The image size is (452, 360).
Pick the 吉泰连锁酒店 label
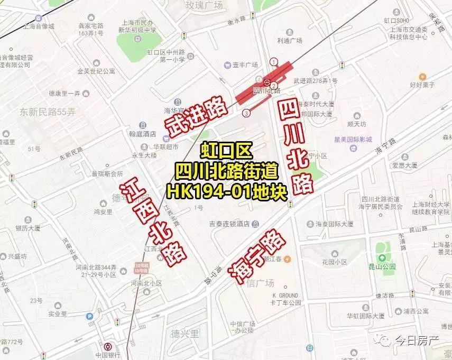pos(228,224)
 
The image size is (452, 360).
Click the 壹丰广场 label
pos(245,64)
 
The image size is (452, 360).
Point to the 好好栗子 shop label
pos(422,85)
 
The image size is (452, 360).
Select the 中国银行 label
pos(108,354)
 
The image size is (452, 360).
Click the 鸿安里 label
pos(103,212)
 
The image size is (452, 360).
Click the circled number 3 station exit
pos(246,113)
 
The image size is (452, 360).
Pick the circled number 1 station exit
pos(273,61)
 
